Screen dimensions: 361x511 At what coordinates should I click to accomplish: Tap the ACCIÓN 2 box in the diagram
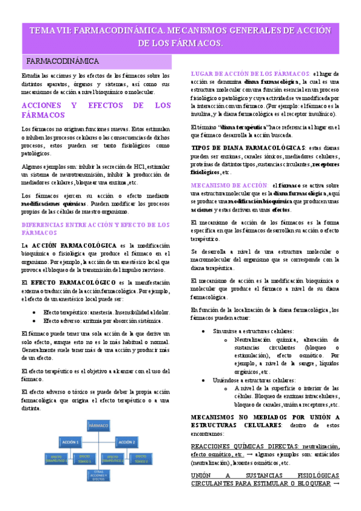127,442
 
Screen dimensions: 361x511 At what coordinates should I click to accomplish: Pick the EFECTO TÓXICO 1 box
84,459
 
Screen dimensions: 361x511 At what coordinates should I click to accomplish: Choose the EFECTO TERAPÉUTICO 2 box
112,459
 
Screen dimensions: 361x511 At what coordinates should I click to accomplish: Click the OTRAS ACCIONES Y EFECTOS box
98,477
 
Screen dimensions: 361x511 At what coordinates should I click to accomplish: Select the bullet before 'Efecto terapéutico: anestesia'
37,312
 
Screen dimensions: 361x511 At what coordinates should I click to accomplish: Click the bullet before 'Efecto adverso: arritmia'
37,321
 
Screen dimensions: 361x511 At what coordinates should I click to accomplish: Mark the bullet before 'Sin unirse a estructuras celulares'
205,331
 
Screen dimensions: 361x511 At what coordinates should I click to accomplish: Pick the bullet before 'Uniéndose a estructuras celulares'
205,380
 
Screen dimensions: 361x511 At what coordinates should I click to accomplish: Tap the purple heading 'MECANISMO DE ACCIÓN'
228,184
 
